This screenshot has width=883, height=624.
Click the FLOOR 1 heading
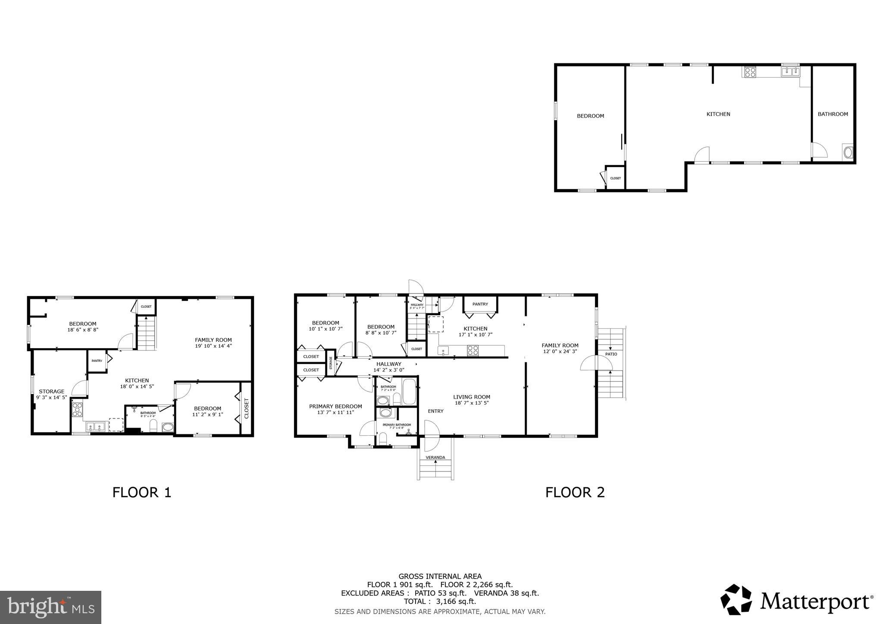pyautogui.click(x=142, y=492)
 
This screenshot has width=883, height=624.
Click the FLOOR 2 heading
pyautogui.click(x=575, y=492)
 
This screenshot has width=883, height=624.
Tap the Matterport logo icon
pyautogui.click(x=736, y=599)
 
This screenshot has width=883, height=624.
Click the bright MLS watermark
pyautogui.click(x=50, y=607)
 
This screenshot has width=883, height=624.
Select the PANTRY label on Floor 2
pyautogui.click(x=480, y=304)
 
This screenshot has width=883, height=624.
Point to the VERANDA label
pyautogui.click(x=435, y=457)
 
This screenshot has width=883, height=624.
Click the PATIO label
pyautogui.click(x=611, y=354)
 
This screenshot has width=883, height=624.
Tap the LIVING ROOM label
pyautogui.click(x=472, y=397)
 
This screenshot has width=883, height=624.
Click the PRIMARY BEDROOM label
pyautogui.click(x=335, y=406)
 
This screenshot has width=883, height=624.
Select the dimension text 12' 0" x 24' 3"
pyautogui.click(x=560, y=351)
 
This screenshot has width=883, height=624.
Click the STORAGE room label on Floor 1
pyautogui.click(x=51, y=391)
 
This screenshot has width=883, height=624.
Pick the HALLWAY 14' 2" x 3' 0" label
pyautogui.click(x=388, y=367)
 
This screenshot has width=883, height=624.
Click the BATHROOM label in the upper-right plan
pyautogui.click(x=833, y=114)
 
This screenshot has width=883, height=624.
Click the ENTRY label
pyautogui.click(x=435, y=411)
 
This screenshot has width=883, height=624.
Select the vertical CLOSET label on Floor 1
pyautogui.click(x=247, y=408)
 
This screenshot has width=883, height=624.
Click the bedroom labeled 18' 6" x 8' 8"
pyautogui.click(x=83, y=327)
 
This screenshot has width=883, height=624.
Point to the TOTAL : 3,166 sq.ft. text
pyautogui.click(x=440, y=601)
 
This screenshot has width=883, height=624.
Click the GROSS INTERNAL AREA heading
pyautogui.click(x=440, y=576)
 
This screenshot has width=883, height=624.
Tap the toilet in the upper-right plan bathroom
pyautogui.click(x=848, y=153)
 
